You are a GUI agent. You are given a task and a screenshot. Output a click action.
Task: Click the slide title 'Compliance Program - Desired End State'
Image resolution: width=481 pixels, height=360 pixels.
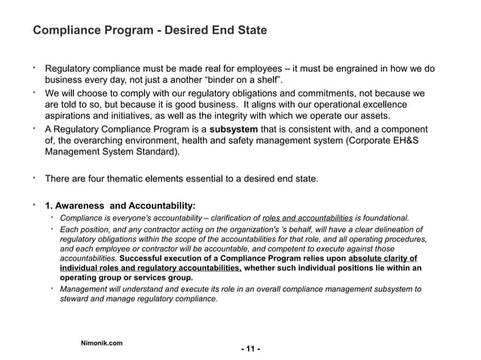(149, 31)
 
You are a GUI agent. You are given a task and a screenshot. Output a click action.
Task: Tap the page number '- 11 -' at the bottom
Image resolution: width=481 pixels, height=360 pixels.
(250, 349)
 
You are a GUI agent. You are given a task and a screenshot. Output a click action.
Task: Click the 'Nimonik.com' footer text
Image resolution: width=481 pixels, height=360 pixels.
(102, 343)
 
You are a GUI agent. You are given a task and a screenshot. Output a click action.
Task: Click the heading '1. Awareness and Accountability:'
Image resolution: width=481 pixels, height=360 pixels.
(120, 205)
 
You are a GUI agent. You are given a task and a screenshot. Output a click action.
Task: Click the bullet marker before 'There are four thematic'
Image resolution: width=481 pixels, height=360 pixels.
(34, 178)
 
